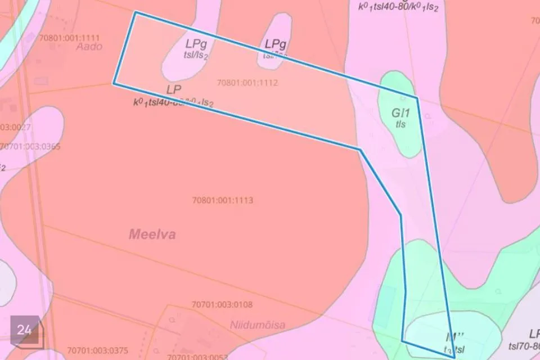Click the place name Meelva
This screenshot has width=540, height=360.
(152, 234)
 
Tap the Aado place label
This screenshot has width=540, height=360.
(89, 47)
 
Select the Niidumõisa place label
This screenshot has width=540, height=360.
(257, 325)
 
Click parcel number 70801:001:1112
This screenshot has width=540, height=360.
(247, 83)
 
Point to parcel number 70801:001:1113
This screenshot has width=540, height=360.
(222, 200)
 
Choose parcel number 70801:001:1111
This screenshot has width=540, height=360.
(70, 37)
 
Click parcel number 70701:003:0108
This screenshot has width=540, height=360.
(222, 305)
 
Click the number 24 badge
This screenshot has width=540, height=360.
(24, 330)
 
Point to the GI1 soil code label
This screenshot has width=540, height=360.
(400, 112)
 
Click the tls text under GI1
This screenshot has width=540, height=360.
(400, 124)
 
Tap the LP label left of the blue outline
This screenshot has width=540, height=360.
(173, 90)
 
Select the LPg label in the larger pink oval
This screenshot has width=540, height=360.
(196, 43)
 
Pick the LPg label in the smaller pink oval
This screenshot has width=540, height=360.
(276, 43)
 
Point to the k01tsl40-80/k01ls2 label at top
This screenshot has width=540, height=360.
(398, 7)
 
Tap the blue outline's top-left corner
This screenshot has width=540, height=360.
(136, 12)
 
